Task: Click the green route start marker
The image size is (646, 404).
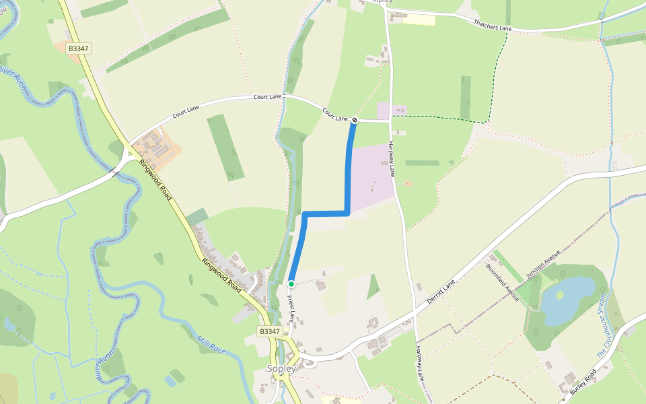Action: pyautogui.click(x=291, y=283)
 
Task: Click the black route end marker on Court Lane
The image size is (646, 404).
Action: pyautogui.click(x=355, y=121)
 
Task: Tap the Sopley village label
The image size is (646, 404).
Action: pyautogui.click(x=282, y=369)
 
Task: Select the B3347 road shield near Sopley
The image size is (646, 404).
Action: pyautogui.click(x=269, y=331)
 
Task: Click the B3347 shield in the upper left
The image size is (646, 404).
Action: pyautogui.click(x=79, y=48)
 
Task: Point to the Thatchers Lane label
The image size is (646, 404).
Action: pyautogui.click(x=493, y=26)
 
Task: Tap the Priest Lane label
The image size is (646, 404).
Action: pyautogui.click(x=291, y=309)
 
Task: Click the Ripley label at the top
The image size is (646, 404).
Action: pyautogui.click(x=382, y=2)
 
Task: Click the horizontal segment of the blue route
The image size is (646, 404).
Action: pyautogui.click(x=326, y=213)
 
